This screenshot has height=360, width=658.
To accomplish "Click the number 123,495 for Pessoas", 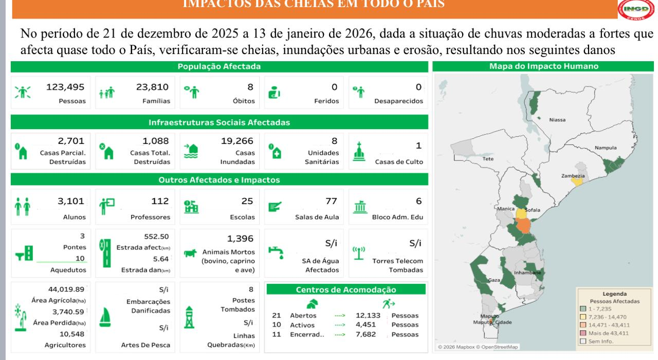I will (65, 87).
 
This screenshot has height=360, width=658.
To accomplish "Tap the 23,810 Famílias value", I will (153, 87).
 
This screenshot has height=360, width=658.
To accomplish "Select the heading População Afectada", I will (219, 66).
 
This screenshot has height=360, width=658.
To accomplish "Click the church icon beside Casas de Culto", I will (359, 151).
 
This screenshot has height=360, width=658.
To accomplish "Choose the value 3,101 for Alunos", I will (71, 201).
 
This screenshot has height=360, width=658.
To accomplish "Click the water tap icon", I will (276, 253).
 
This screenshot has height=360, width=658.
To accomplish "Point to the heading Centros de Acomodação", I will (346, 290).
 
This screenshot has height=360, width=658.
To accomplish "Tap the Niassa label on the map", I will (557, 120).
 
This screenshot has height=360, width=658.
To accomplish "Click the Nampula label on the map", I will (605, 148).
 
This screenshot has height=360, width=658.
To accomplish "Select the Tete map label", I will (488, 159).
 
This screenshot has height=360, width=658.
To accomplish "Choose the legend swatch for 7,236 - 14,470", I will (583, 317).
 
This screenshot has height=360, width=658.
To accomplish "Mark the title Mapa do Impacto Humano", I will (543, 66).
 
